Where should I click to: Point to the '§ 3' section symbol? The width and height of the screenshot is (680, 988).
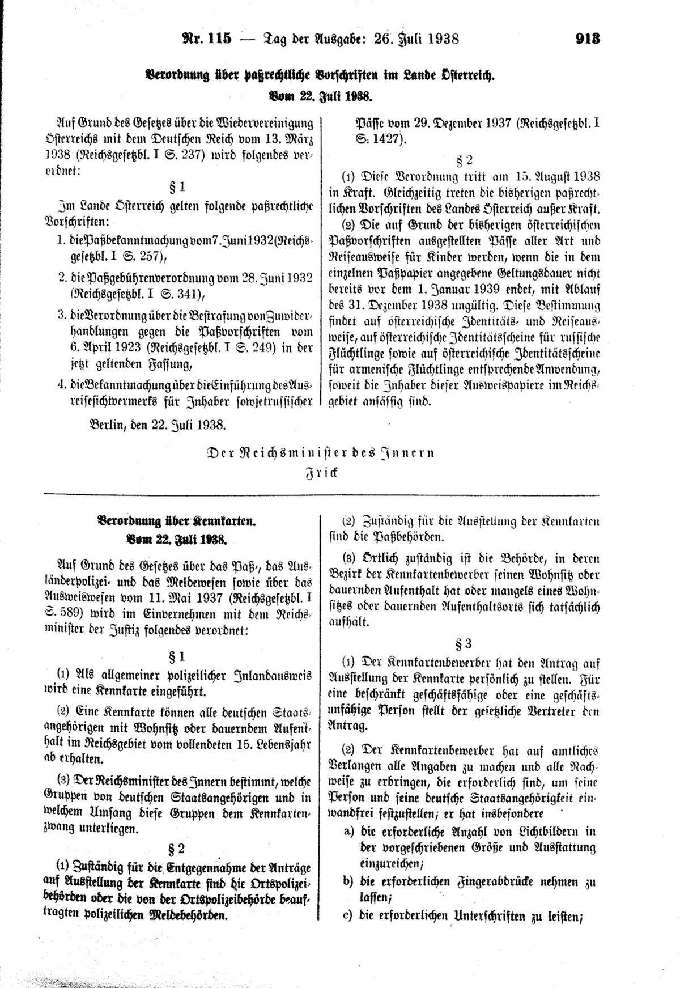click(464, 643)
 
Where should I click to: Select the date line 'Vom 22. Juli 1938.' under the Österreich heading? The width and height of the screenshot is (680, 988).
click(320, 97)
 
